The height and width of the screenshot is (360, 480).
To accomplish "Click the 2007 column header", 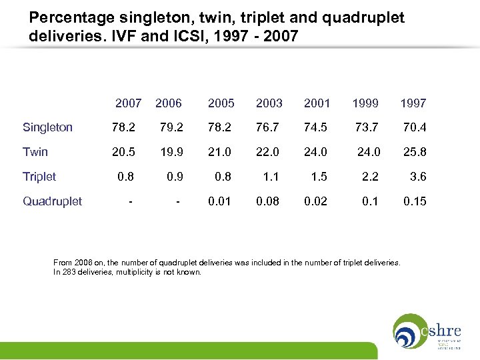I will pyautogui.click(x=128, y=103).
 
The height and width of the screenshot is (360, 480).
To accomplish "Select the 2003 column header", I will pyautogui.click(x=269, y=103).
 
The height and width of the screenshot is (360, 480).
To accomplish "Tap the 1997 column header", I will pyautogui.click(x=413, y=103).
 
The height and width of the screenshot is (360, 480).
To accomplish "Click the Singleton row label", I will pyautogui.click(x=47, y=127).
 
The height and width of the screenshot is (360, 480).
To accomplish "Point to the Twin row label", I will pyautogui.click(x=35, y=152).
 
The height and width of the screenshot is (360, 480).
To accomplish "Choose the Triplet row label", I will pyautogui.click(x=39, y=177).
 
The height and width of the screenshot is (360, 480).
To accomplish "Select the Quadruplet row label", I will pyautogui.click(x=52, y=201).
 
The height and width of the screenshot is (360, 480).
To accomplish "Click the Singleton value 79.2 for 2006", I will pyautogui.click(x=173, y=127).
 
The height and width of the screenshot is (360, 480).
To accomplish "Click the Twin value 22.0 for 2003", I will pyautogui.click(x=269, y=152).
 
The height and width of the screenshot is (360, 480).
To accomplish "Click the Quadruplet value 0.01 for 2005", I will pyautogui.click(x=221, y=201).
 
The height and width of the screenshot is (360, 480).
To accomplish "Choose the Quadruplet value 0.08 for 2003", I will pyautogui.click(x=269, y=201).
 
